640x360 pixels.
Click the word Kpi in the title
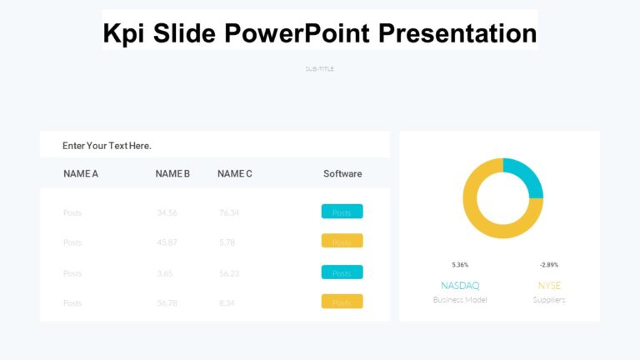(x=122, y=33)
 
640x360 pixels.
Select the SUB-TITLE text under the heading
(x=320, y=69)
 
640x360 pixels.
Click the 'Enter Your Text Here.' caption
(x=107, y=146)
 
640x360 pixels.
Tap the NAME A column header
(x=81, y=174)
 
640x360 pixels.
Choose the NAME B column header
(x=172, y=174)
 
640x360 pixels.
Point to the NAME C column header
(x=235, y=174)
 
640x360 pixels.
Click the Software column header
(x=342, y=174)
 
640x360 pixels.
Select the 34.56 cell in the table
(x=167, y=212)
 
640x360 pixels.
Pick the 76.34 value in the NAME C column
(x=229, y=212)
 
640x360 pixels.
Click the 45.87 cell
(x=167, y=242)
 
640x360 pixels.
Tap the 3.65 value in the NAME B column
(x=165, y=273)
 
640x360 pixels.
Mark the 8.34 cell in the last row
(x=227, y=303)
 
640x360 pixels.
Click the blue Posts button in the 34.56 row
(x=342, y=212)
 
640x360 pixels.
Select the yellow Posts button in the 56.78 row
(x=342, y=302)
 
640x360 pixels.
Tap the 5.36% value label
(x=460, y=265)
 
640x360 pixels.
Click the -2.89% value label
(x=549, y=265)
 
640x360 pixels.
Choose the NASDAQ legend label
(x=460, y=286)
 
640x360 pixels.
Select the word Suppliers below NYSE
(x=549, y=300)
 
